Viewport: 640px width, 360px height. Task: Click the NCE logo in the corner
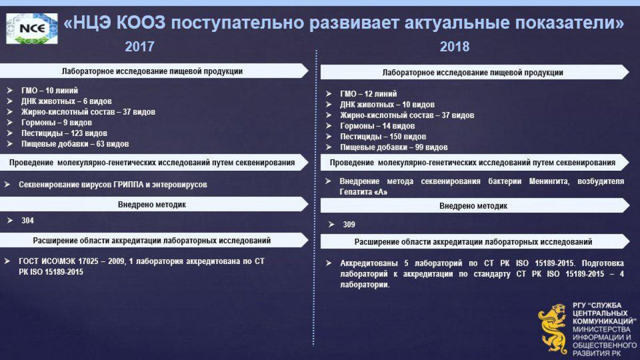pyautogui.click(x=32, y=28)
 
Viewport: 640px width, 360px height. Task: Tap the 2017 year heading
pyautogui.click(x=140, y=46)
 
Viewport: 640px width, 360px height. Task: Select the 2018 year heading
pyautogui.click(x=454, y=46)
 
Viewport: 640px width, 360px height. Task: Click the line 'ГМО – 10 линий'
pyautogui.click(x=50, y=91)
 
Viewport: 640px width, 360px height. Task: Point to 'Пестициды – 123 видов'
pyautogui.click(x=65, y=133)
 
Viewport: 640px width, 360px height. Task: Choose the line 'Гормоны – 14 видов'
pyautogui.click(x=378, y=126)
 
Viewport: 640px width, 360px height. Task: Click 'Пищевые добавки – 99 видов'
pyautogui.click(x=394, y=147)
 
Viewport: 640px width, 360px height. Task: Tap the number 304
pyautogui.click(x=28, y=221)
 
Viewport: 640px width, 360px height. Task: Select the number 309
pyautogui.click(x=349, y=225)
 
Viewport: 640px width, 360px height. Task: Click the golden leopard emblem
pyautogui.click(x=553, y=329)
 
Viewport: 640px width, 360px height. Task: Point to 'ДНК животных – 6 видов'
pyautogui.click(x=66, y=101)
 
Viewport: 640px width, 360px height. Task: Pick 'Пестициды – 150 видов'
pyautogui.click(x=383, y=137)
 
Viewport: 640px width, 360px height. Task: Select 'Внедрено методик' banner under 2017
pyautogui.click(x=152, y=205)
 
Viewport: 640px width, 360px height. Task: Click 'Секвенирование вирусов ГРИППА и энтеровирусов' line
pyautogui.click(x=113, y=185)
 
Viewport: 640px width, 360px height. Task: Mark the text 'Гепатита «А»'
pyautogui.click(x=363, y=192)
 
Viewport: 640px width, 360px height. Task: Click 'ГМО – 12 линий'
pyautogui.click(x=369, y=94)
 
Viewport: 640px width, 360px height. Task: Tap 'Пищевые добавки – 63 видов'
pyautogui.click(x=75, y=144)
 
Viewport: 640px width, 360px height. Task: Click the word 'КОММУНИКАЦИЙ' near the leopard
pyautogui.click(x=604, y=321)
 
